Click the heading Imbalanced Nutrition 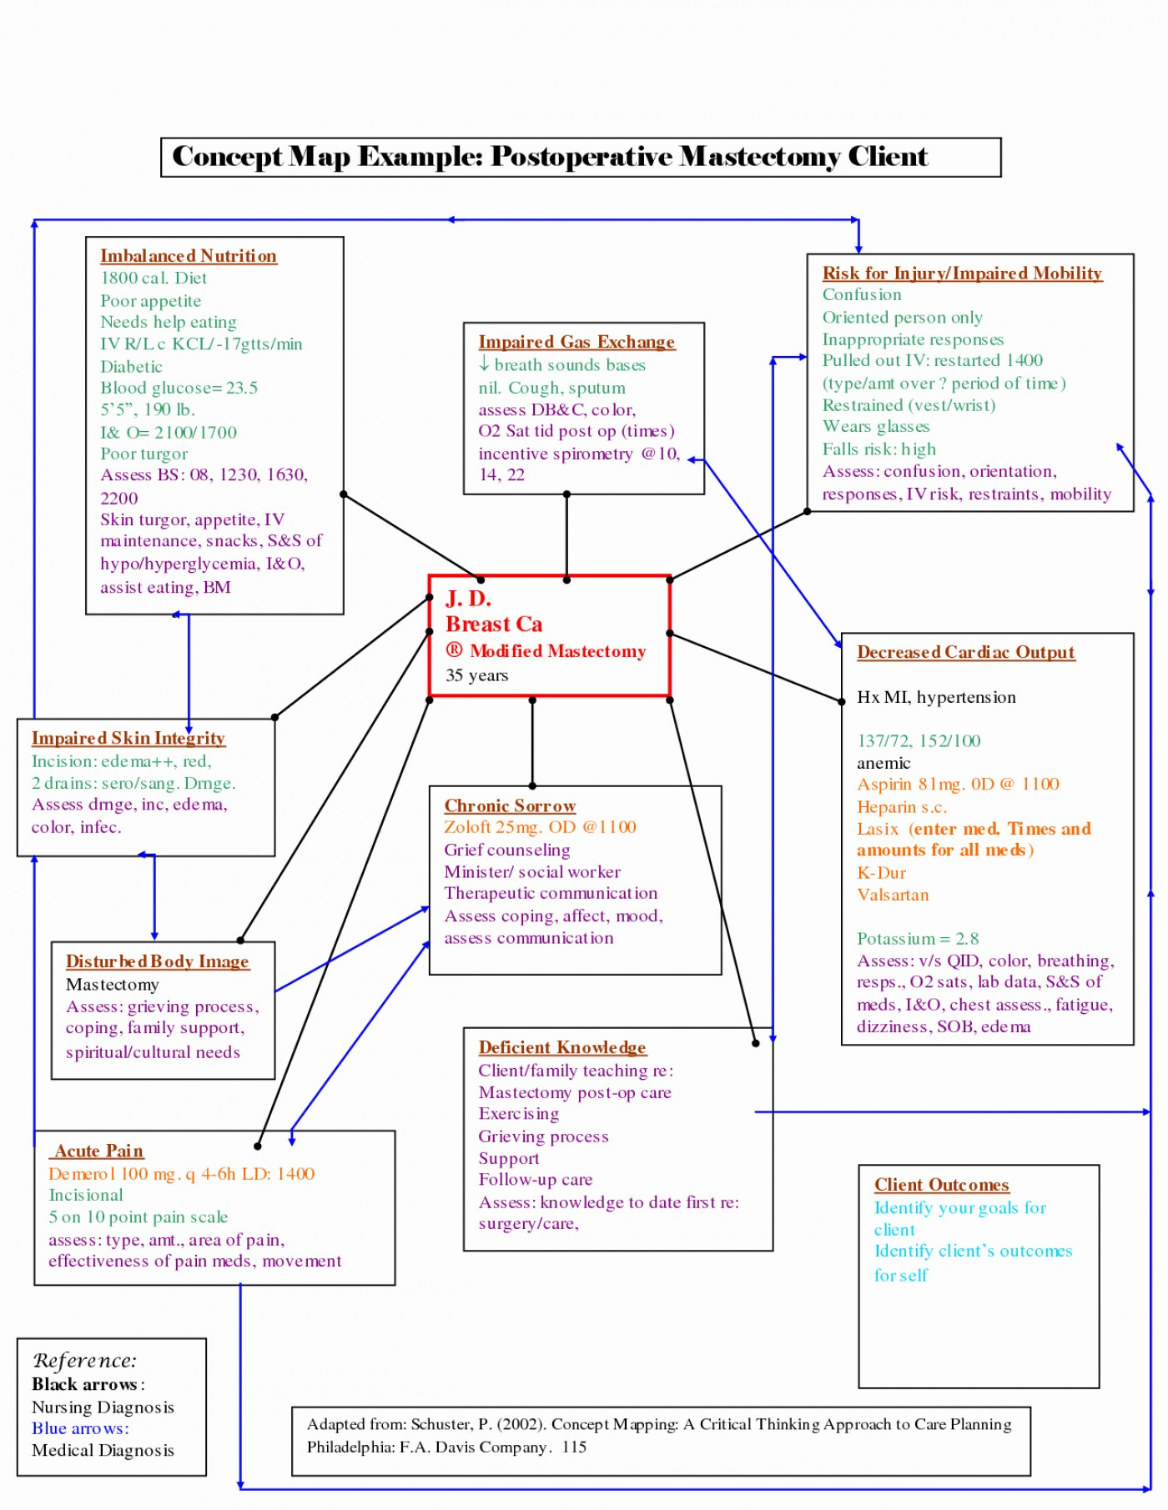pos(189,256)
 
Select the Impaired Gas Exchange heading pos(576,342)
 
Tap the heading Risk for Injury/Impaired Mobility pos(962,273)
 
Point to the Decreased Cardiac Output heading pos(965,652)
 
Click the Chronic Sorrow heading pos(510,805)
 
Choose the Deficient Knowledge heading pos(562,1047)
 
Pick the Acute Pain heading pos(98,1151)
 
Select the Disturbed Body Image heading pos(157,961)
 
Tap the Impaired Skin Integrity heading pos(128,738)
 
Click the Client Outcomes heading pos(941,1185)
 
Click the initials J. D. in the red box pos(468,599)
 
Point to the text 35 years pos(476,675)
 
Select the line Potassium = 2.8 pos(918,939)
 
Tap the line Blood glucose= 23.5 pos(179,388)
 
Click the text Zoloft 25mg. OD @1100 pos(540,827)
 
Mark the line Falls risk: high pos(879,449)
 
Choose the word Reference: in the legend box pos(84,1361)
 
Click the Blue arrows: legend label pos(80,1428)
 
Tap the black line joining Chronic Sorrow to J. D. pos(532,742)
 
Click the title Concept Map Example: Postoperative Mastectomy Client pos(550,157)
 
